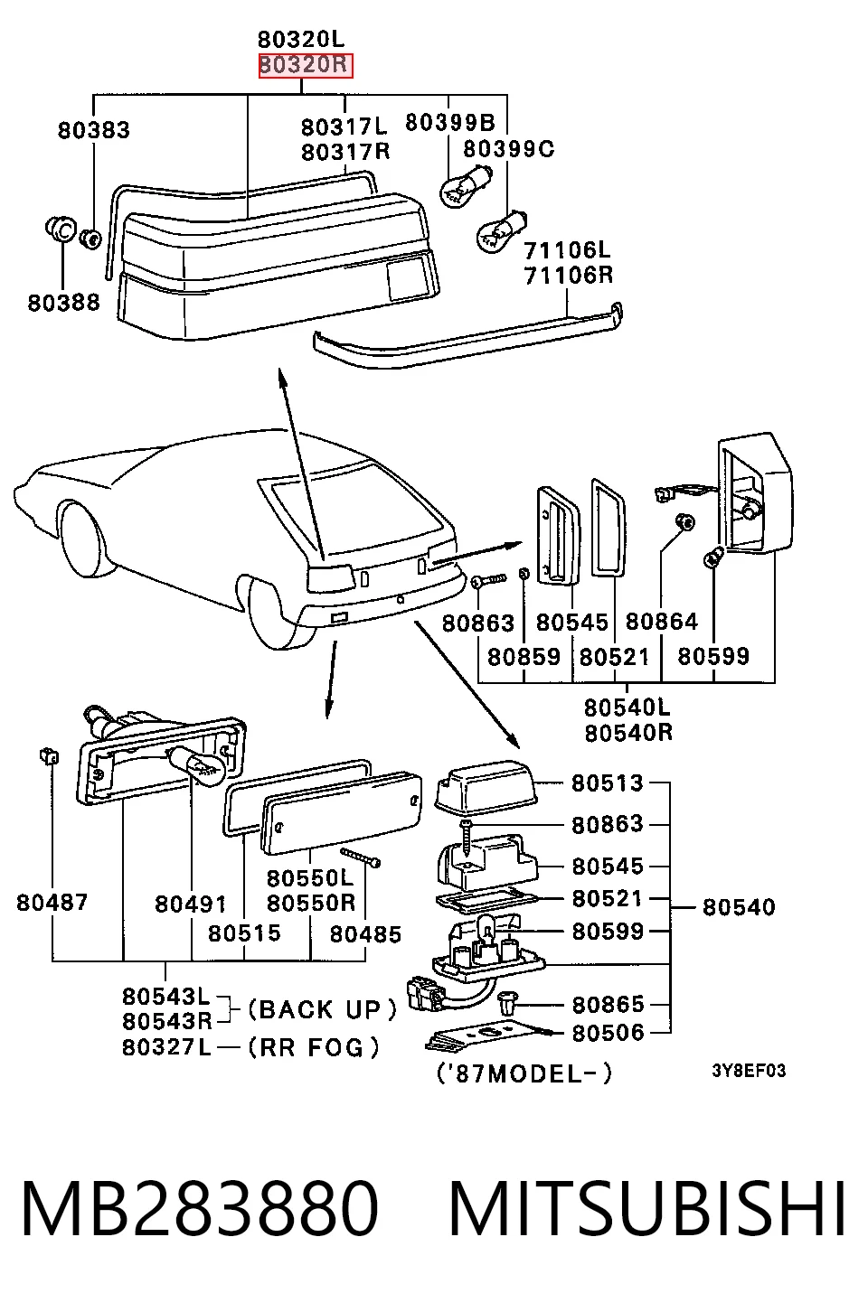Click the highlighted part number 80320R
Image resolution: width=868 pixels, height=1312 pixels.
(306, 64)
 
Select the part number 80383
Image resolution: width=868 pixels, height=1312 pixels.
(94, 130)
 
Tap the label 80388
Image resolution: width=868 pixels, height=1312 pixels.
(64, 303)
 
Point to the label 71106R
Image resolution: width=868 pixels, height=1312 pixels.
(568, 275)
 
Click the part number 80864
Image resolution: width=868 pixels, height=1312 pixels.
(662, 622)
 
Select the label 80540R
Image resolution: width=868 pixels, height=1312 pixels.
(628, 732)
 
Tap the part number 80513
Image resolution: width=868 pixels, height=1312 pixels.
(608, 783)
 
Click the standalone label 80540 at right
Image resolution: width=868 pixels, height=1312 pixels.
(739, 907)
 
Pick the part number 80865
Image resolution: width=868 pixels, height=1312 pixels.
(608, 1005)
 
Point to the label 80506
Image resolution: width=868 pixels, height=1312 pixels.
(608, 1033)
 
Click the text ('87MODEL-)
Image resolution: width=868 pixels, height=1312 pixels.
(524, 1073)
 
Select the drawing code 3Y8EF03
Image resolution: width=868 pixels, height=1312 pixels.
(749, 1071)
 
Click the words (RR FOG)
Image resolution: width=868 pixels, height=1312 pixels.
(314, 1047)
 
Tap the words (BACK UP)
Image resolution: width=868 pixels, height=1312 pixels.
(323, 1010)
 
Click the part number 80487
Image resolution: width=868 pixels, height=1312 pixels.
(52, 903)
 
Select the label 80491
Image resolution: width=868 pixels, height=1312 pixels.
(191, 904)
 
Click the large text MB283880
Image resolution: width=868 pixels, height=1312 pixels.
(200, 1208)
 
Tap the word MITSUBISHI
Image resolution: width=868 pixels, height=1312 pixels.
(646, 1208)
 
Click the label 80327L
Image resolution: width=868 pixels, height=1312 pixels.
(165, 1046)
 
